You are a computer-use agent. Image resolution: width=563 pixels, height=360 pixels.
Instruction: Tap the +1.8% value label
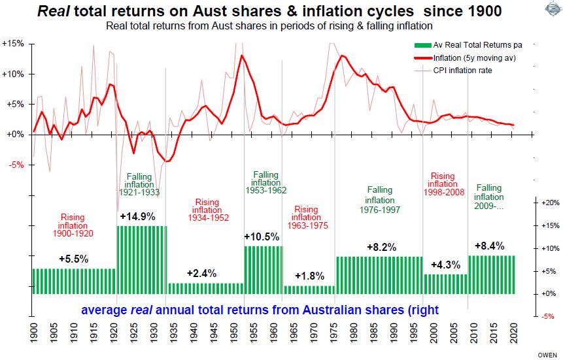point(309,276)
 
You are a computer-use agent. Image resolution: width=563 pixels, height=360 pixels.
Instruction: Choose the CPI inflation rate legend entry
point(466,70)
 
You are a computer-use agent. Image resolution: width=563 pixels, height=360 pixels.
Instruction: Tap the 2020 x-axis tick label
point(516,333)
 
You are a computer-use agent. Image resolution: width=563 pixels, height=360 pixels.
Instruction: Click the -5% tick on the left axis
point(15,165)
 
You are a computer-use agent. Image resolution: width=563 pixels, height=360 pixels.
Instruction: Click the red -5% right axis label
point(549,316)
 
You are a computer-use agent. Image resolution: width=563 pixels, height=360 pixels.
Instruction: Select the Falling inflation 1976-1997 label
point(379,200)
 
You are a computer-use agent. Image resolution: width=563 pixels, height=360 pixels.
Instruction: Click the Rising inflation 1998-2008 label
point(443,185)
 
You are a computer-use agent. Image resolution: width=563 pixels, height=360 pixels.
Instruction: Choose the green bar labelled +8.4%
point(491,274)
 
